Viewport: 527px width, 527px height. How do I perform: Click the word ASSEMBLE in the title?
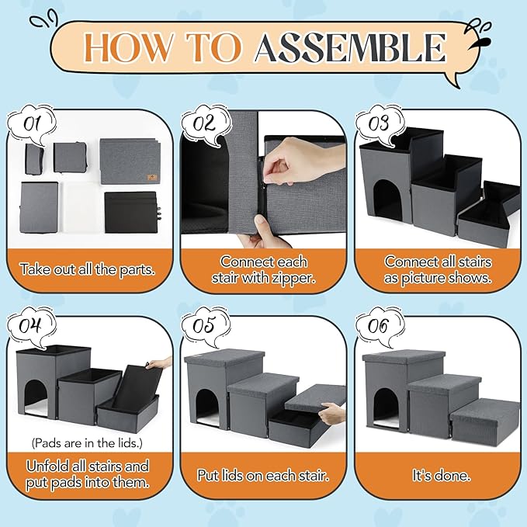tap(350, 47)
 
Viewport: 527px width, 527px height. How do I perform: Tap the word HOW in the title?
tap(128, 47)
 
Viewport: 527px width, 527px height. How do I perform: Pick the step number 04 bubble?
tap(32, 326)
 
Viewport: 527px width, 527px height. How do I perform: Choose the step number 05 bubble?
tap(206, 326)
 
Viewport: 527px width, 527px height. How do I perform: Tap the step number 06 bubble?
tap(380, 326)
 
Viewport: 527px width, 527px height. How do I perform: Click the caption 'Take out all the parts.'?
tap(88, 269)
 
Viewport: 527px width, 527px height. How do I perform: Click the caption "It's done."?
tap(442, 475)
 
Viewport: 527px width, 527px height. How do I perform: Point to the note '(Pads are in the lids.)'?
tap(87, 443)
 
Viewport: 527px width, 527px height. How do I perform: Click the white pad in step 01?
tap(81, 207)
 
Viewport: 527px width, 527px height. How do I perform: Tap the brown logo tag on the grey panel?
tap(152, 177)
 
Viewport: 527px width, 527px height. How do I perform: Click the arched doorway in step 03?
tap(388, 200)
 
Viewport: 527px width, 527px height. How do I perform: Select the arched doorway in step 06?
tap(387, 409)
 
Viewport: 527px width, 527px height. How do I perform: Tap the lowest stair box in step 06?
tap(485, 421)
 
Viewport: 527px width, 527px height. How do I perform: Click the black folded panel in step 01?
tap(131, 212)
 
